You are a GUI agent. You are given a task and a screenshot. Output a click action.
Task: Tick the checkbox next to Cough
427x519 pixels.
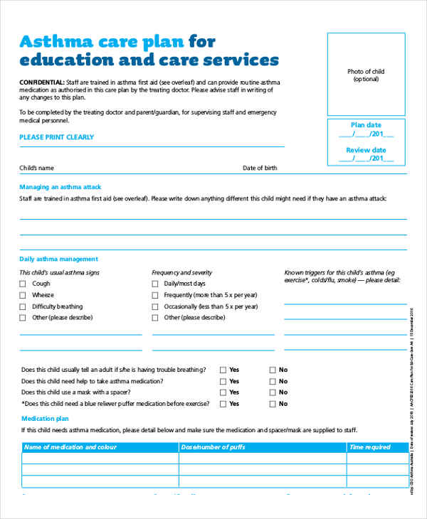pos(23,284)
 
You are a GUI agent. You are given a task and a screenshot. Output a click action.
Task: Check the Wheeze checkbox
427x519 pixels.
pos(23,295)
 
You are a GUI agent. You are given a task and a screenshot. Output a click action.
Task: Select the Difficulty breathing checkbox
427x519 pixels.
pos(23,306)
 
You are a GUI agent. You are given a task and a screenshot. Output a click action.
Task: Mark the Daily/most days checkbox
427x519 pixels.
pos(156,284)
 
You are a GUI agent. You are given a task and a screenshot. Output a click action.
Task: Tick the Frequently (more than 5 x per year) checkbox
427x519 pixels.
pos(156,295)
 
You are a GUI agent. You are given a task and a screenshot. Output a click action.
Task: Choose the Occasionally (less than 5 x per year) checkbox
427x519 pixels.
pos(156,306)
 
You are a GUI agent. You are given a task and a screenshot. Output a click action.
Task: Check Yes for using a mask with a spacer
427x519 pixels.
pos(223,392)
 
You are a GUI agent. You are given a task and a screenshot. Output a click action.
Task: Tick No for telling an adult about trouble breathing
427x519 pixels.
pos(272,370)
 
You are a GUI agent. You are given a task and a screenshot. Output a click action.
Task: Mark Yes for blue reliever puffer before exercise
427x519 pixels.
pos(223,404)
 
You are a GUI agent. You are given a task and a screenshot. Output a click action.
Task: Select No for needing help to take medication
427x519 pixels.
pos(272,381)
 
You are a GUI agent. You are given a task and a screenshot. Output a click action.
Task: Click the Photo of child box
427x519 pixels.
pos(367,75)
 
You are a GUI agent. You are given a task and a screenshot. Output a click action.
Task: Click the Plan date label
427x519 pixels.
pos(367,124)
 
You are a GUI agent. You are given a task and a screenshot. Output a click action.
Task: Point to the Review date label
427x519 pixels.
pos(367,150)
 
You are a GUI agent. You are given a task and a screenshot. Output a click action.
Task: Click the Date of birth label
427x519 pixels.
pos(260,168)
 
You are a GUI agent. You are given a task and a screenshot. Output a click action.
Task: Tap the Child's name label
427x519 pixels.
pos(37,168)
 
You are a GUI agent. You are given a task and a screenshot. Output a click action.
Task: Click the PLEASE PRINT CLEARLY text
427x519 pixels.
pos(56,137)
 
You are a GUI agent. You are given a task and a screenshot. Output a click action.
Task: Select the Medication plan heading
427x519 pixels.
pos(45,419)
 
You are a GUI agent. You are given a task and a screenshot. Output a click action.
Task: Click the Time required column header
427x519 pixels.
pos(369,447)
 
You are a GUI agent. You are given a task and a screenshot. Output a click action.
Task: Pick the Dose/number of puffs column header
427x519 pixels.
pos(215,447)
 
